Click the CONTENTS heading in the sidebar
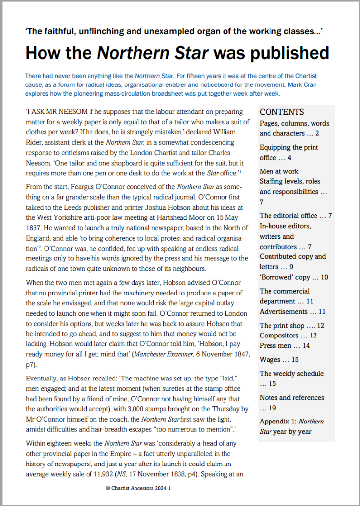(282, 112)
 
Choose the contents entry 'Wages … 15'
(279, 360)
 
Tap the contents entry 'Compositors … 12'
(288, 336)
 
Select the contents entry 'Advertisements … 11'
(293, 312)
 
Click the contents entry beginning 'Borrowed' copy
(294, 277)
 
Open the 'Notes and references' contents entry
(292, 398)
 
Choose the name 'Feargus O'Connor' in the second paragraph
(80, 187)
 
